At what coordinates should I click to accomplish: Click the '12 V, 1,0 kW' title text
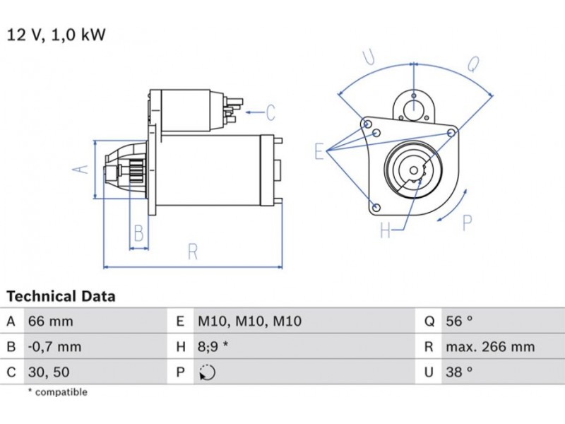tap(56, 35)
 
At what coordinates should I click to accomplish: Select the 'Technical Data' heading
tap(61, 297)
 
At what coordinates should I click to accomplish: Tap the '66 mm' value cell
tap(50, 322)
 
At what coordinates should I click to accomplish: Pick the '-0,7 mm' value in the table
tap(54, 347)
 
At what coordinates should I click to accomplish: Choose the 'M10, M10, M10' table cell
tap(249, 322)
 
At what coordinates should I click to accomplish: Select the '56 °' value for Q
tap(459, 322)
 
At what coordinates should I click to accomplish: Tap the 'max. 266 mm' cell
tap(489, 347)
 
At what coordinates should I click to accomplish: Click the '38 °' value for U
tap(459, 372)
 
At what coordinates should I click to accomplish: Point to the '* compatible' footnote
tap(57, 392)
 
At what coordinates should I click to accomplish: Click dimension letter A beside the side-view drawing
tap(82, 169)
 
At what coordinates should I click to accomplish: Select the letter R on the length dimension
tap(192, 252)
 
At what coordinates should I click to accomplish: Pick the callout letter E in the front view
tap(319, 151)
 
